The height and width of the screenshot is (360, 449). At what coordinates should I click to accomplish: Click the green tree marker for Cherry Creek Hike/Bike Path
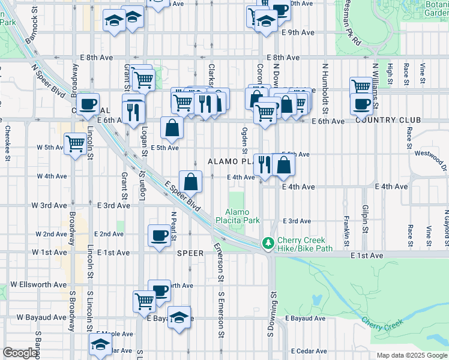pos(268,244)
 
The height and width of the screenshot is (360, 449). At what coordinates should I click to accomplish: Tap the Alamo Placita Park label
pos(243,216)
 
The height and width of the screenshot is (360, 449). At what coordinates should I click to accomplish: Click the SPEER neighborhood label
pos(191,253)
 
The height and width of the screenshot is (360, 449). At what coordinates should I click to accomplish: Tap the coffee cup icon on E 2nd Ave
pos(159,235)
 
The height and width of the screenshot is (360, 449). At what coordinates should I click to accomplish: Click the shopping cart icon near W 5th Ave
pos(75,143)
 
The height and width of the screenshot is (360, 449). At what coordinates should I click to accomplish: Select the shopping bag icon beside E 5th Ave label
pos(172,127)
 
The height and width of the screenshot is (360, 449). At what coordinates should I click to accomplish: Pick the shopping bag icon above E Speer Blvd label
pos(190,182)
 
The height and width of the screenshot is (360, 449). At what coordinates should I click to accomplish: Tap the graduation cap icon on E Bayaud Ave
pos(179,317)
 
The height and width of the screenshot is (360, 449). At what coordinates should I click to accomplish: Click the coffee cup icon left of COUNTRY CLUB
pos(361,104)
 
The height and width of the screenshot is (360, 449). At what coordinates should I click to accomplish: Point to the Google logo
pos(20,353)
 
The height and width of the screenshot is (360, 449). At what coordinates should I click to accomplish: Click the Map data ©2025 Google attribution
pos(411,355)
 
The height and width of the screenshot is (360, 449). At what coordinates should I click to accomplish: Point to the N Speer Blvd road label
pos(49,82)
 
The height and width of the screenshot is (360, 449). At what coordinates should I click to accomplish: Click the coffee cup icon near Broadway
pos(88,104)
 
